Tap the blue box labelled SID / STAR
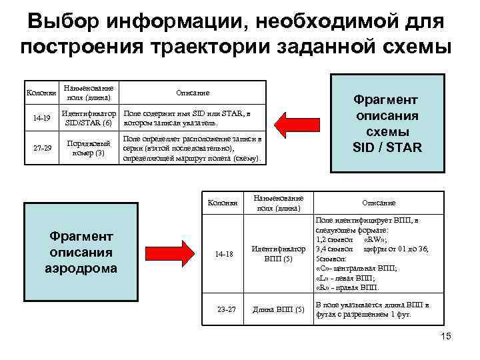click(387, 123)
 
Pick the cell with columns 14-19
click(42, 118)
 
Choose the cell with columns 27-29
click(42, 148)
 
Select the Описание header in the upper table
click(193, 93)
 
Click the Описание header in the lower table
click(379, 203)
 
